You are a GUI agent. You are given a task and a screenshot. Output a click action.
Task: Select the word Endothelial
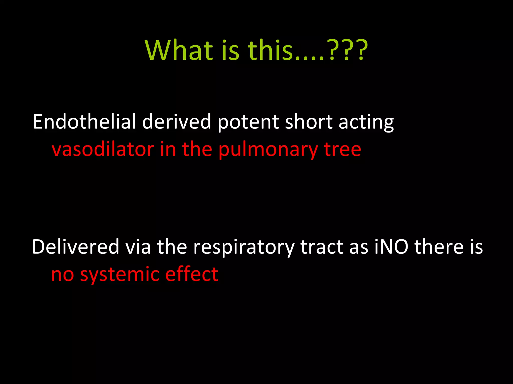click(x=84, y=122)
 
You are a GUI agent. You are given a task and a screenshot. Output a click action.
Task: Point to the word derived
click(x=177, y=122)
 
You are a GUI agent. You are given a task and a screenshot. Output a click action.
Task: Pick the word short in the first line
click(x=309, y=122)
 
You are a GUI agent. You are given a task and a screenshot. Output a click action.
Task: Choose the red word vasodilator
click(x=103, y=149)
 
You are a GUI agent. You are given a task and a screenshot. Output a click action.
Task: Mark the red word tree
click(x=343, y=150)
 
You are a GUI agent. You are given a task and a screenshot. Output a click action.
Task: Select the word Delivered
click(x=76, y=247)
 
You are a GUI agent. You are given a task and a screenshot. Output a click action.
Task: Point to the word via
click(x=138, y=247)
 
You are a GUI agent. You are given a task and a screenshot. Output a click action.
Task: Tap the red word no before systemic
click(x=63, y=275)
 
